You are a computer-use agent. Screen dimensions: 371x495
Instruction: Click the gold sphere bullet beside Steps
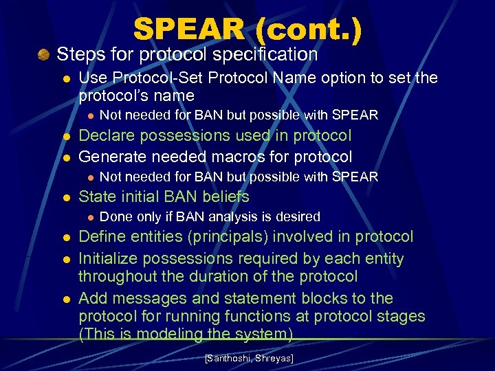click(x=45, y=54)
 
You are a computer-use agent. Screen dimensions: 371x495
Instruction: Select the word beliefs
click(x=224, y=196)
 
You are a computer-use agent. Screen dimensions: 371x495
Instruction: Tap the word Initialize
click(x=110, y=259)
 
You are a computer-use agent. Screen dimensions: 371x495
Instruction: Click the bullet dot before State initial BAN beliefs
click(x=66, y=197)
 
